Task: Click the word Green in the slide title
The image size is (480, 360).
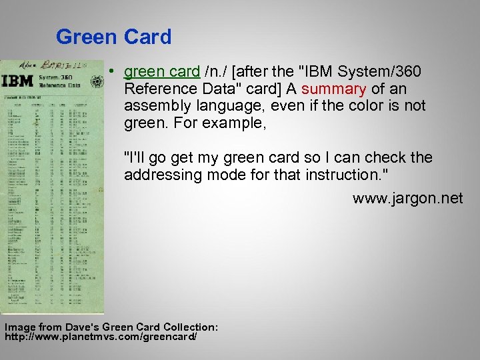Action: tap(87, 37)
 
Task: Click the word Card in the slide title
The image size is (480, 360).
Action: tap(147, 37)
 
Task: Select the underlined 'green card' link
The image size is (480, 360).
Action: tap(162, 71)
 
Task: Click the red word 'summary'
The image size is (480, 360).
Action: tap(333, 89)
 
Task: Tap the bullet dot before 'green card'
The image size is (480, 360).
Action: tap(115, 72)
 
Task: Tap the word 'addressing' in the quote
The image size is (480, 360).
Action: tap(160, 175)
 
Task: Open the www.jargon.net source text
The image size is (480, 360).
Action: tap(407, 198)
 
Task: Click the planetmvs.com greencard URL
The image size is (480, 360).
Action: tap(100, 337)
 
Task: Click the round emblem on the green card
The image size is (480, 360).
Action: tap(97, 82)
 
